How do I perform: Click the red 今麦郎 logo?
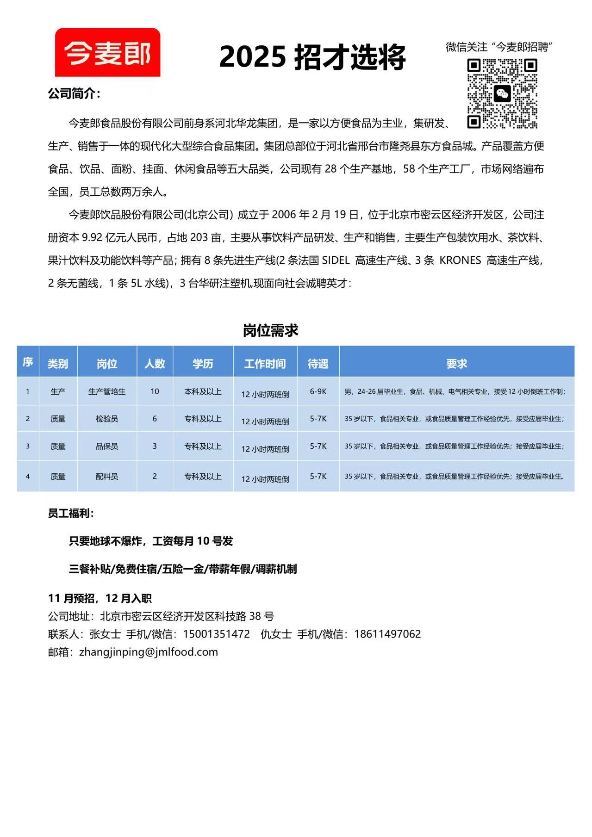(x=107, y=52)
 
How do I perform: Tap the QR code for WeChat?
(x=502, y=93)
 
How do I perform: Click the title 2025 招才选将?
(x=312, y=57)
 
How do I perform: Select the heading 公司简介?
(x=74, y=94)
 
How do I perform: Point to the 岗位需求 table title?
(x=271, y=330)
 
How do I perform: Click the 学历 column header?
(x=203, y=364)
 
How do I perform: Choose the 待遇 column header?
(x=318, y=364)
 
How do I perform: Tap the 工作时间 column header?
(x=265, y=364)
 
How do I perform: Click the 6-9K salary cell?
(x=318, y=391)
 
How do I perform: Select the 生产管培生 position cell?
(x=107, y=391)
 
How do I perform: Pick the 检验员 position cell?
(x=107, y=419)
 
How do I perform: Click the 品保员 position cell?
(x=107, y=446)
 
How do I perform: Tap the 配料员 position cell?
(x=107, y=476)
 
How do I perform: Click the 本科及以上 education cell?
(x=203, y=391)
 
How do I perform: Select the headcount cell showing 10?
(x=155, y=391)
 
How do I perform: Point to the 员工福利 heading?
(x=70, y=514)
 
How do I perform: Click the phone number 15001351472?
(x=216, y=634)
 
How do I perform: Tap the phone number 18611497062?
(x=387, y=634)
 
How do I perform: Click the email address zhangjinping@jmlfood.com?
(x=149, y=652)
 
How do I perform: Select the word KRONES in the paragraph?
(x=460, y=260)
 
